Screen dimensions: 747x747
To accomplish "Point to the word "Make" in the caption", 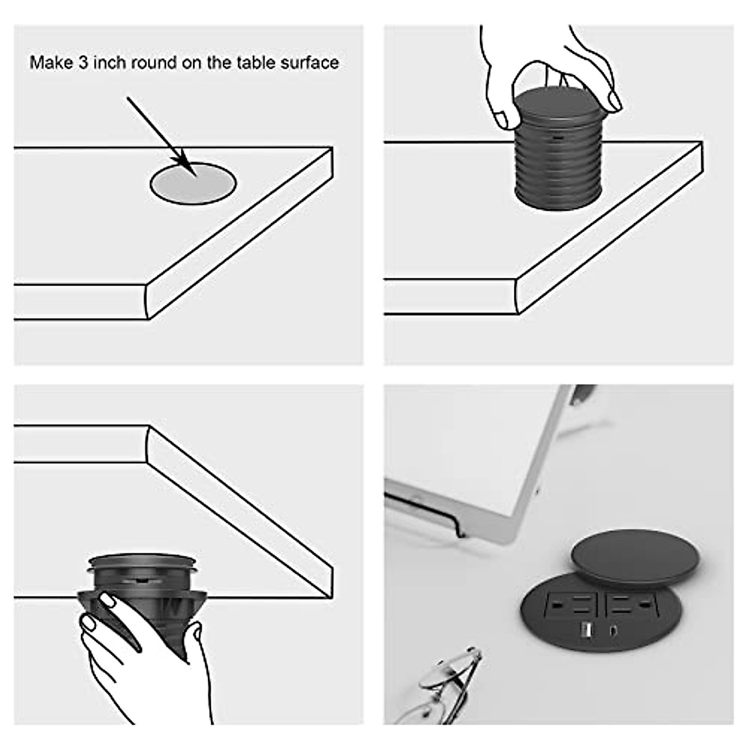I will click(x=50, y=63).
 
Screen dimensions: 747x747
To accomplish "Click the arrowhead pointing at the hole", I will click(x=184, y=162).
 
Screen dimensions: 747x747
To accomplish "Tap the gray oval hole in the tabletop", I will click(x=193, y=184).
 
